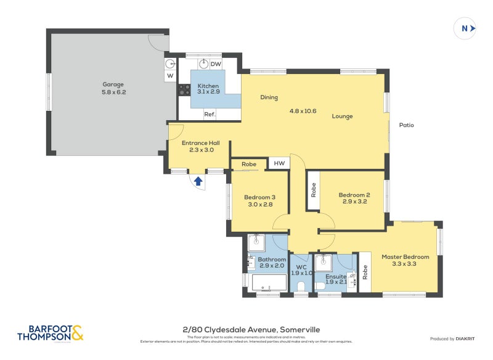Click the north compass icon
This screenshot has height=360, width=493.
[x=465, y=28]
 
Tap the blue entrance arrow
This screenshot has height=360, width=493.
[x=198, y=181]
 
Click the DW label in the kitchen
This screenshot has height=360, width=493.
[x=216, y=64]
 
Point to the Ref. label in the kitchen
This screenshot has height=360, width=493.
[x=210, y=114]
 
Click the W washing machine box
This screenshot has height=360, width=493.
[x=170, y=76]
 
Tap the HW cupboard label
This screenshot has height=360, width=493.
[x=279, y=163]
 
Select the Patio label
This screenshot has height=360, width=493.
[x=406, y=125]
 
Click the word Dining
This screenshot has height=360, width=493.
[x=269, y=97]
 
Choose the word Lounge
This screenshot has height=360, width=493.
[x=341, y=116]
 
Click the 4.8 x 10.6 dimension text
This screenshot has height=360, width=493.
[x=303, y=112]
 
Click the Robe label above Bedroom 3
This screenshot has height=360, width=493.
[x=248, y=165]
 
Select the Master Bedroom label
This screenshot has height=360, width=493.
[x=405, y=256]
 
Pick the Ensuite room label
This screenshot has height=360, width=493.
[x=336, y=277]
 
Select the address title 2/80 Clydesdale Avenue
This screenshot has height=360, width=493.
[x=246, y=330]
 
